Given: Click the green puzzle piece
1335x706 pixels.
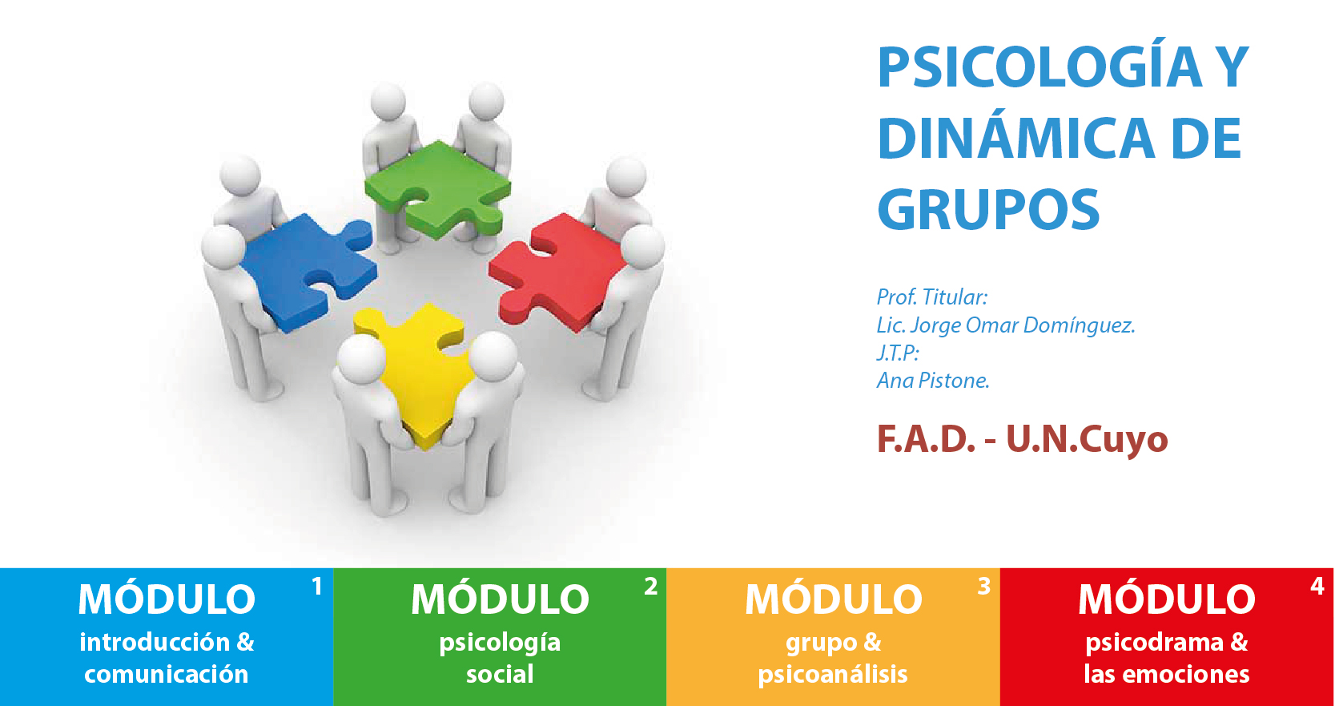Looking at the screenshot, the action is tap(438, 188).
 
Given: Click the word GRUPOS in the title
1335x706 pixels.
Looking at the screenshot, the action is tap(988, 209).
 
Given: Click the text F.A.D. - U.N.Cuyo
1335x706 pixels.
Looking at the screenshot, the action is tap(1022, 439).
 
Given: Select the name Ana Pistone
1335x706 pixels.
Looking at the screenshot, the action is tap(933, 381).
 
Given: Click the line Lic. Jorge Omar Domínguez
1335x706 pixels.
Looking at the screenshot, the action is tap(1006, 325).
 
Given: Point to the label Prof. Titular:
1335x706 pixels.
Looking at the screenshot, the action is tap(932, 297).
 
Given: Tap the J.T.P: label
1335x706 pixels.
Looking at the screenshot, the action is tap(898, 353).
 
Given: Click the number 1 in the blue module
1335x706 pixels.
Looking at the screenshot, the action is tap(317, 587).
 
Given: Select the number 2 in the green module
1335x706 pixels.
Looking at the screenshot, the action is tap(651, 587).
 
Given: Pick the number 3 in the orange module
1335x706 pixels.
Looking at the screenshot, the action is tap(984, 587).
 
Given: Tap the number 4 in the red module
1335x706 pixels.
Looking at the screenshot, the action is tap(1317, 587).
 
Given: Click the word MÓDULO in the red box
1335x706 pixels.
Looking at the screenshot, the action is tap(1167, 599).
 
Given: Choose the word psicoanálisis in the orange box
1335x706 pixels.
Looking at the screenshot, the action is tap(833, 675).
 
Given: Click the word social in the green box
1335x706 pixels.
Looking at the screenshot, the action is tap(500, 675).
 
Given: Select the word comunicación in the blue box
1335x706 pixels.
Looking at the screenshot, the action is tap(167, 675).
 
